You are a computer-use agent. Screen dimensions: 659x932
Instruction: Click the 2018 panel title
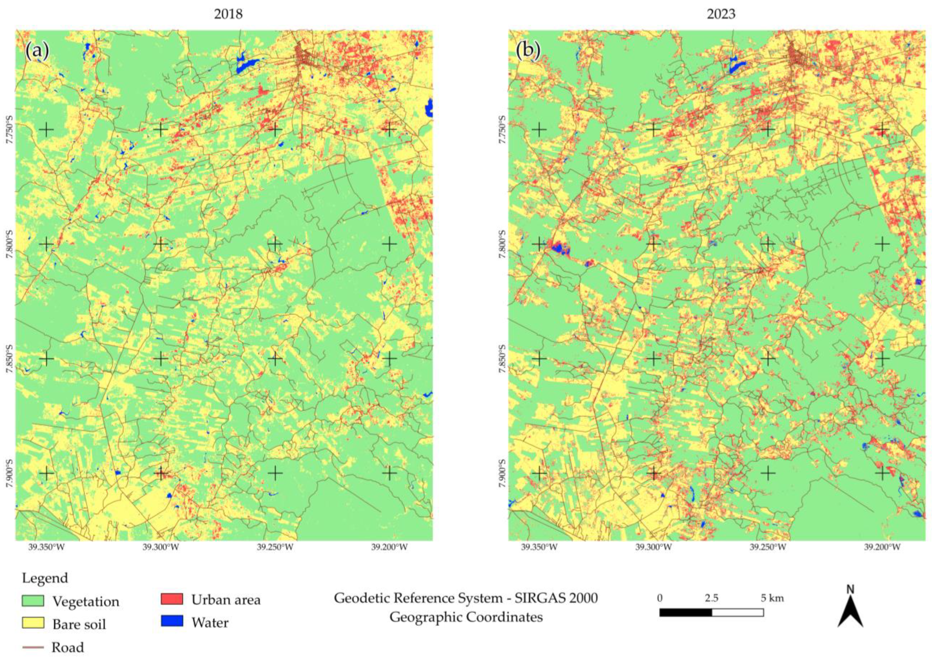228,14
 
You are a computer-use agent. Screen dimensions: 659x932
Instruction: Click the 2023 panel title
721,14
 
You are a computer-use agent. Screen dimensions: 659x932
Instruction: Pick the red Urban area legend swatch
172,599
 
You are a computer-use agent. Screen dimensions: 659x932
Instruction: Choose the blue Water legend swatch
172,621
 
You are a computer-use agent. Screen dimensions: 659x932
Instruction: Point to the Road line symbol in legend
33,647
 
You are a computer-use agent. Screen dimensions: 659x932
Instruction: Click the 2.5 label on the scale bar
712,598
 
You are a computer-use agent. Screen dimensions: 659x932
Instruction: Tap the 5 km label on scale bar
772,598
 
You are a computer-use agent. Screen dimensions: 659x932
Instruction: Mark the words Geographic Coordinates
466,617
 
